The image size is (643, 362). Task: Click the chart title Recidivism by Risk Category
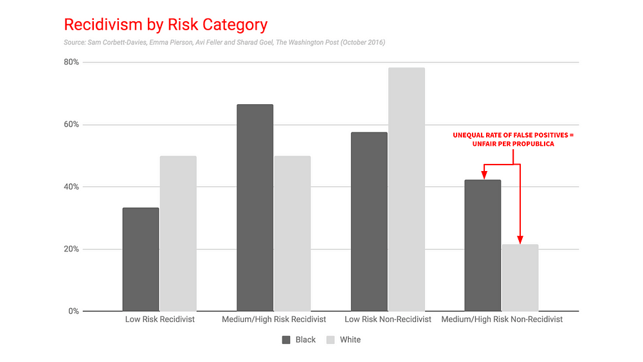pyautogui.click(x=166, y=24)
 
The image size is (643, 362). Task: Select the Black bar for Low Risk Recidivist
pyautogui.click(x=141, y=260)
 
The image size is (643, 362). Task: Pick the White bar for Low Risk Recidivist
pyautogui.click(x=178, y=233)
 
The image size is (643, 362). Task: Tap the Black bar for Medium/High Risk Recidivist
pyautogui.click(x=255, y=208)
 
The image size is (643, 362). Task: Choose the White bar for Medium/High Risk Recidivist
pyautogui.click(x=293, y=233)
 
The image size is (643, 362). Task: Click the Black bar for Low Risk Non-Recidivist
pyautogui.click(x=369, y=222)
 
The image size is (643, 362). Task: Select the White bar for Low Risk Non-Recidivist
pyautogui.click(x=406, y=190)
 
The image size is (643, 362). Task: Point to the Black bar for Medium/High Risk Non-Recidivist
pyautogui.click(x=483, y=246)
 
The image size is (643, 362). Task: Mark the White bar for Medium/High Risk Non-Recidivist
pyautogui.click(x=520, y=278)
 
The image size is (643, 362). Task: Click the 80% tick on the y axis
pyautogui.click(x=71, y=62)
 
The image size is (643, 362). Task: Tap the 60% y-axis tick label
pyautogui.click(x=71, y=124)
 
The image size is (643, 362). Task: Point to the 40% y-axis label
pyautogui.click(x=71, y=186)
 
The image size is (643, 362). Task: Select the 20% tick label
pyautogui.click(x=71, y=249)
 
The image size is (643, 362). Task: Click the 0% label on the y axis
pyautogui.click(x=73, y=311)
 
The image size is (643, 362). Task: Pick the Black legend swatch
pyautogui.click(x=286, y=340)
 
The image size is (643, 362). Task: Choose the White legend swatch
pyautogui.click(x=331, y=340)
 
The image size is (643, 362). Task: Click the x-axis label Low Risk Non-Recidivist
pyautogui.click(x=388, y=320)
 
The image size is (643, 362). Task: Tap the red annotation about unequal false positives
pyautogui.click(x=513, y=140)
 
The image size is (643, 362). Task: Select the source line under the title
pyautogui.click(x=224, y=42)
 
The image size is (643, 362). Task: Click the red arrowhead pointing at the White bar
pyautogui.click(x=520, y=240)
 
